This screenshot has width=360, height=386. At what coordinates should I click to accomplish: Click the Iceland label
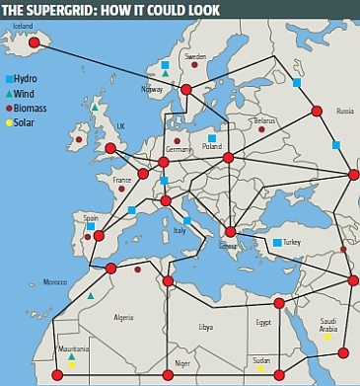pos(23,27)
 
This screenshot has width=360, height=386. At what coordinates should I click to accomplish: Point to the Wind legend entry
pos(28,92)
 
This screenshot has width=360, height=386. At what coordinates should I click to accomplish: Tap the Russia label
pos(344,112)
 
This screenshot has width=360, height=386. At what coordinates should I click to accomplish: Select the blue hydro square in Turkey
pos(277,242)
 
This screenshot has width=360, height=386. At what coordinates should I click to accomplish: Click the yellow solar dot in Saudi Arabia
pos(326,337)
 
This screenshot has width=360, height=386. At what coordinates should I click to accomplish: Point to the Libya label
pos(205,326)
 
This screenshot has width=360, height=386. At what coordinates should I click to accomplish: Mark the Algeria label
pos(123,317)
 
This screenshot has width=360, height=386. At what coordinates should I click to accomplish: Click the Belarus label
pos(264,120)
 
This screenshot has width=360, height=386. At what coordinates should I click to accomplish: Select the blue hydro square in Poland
pos(211,139)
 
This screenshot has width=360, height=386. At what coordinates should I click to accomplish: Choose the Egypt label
pos(262,322)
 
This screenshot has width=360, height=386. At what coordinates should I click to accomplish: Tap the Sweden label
pos(195,57)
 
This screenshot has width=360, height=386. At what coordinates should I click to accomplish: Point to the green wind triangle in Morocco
pos(91,295)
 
